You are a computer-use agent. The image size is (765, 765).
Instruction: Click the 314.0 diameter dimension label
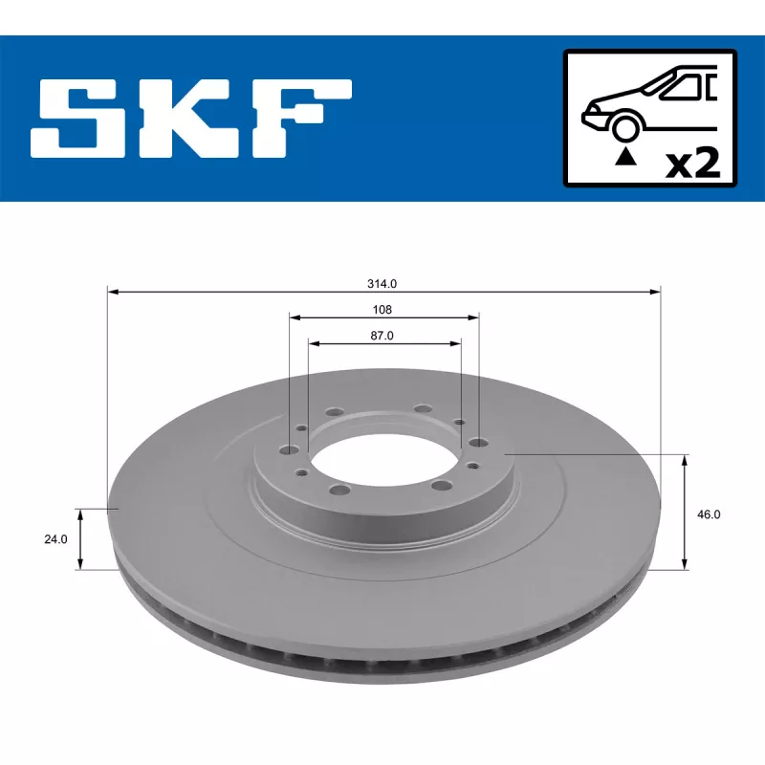pos(382,283)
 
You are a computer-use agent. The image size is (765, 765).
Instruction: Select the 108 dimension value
pos(382,309)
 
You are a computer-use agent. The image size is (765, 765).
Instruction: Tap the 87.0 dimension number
pos(382,336)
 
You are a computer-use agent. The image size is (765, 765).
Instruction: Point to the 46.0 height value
pos(709,514)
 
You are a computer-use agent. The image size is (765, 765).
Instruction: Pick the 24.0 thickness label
pos(55,539)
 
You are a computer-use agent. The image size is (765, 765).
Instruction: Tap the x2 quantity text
pos(692,164)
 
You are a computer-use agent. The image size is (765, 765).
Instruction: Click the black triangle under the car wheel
pos(625,158)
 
